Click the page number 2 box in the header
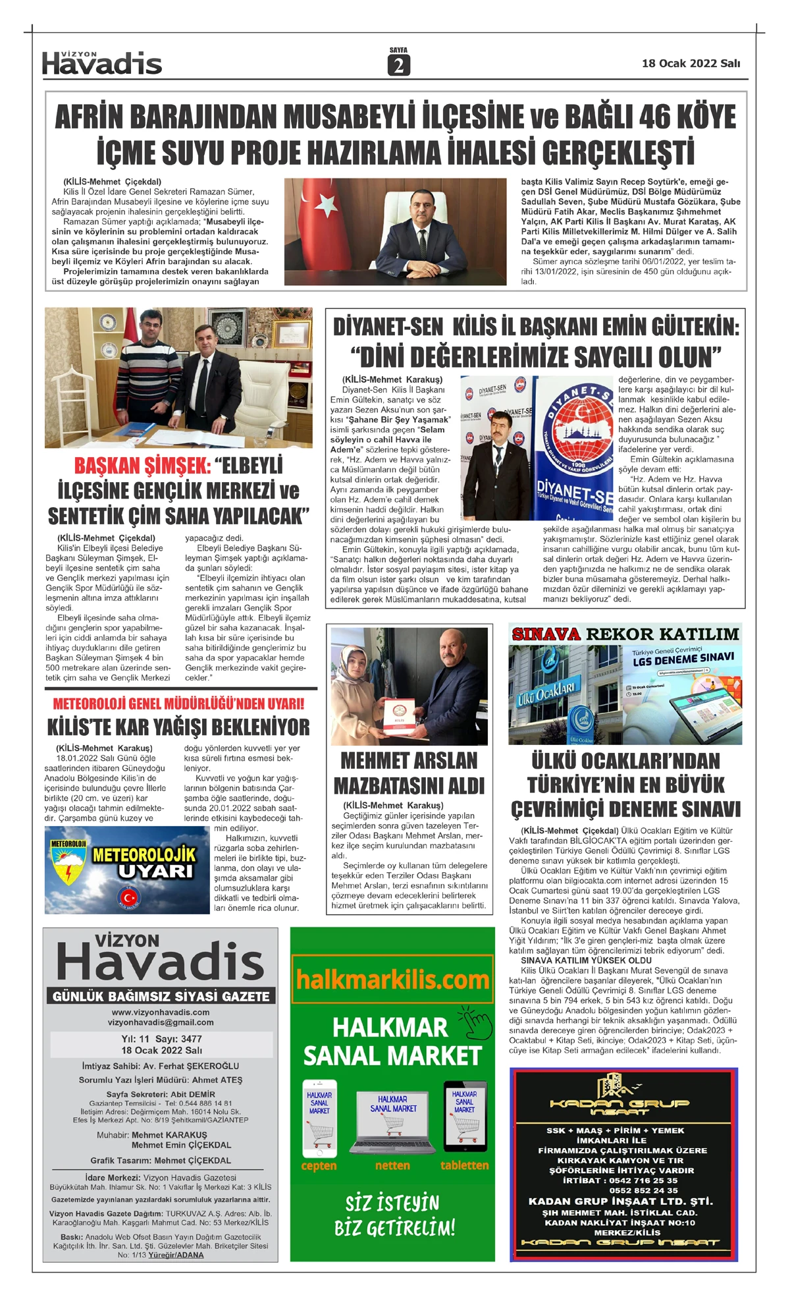coord(398,65)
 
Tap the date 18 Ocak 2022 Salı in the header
coord(691,63)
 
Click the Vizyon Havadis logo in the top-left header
coord(102,63)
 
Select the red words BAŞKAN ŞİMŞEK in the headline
coord(142,466)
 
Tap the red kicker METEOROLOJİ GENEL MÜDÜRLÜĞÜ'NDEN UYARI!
coord(178,704)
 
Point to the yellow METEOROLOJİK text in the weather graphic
coord(144,854)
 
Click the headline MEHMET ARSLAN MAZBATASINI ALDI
coord(409,773)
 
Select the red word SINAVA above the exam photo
coord(546,634)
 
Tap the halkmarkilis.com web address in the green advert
coord(392,980)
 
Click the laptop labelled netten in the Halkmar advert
coord(393,1122)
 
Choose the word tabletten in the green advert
coord(464,1165)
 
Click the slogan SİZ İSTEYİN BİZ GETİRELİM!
coord(394,1215)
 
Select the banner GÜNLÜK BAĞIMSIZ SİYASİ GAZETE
coord(161,996)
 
